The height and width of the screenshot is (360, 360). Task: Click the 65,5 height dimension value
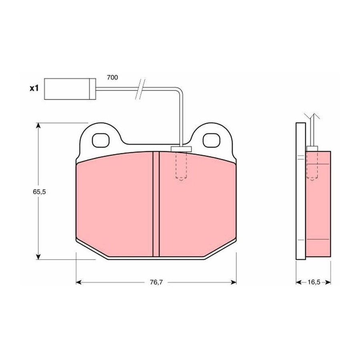point(39,192)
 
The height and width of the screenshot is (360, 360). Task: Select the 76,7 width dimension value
point(156,282)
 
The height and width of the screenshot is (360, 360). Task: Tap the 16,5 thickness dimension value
point(314,282)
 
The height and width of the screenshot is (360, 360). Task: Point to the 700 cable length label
point(112,78)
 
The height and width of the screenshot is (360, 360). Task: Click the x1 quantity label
point(34,88)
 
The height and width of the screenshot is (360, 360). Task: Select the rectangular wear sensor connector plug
point(70,89)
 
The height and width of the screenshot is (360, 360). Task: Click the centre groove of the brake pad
point(156,204)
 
